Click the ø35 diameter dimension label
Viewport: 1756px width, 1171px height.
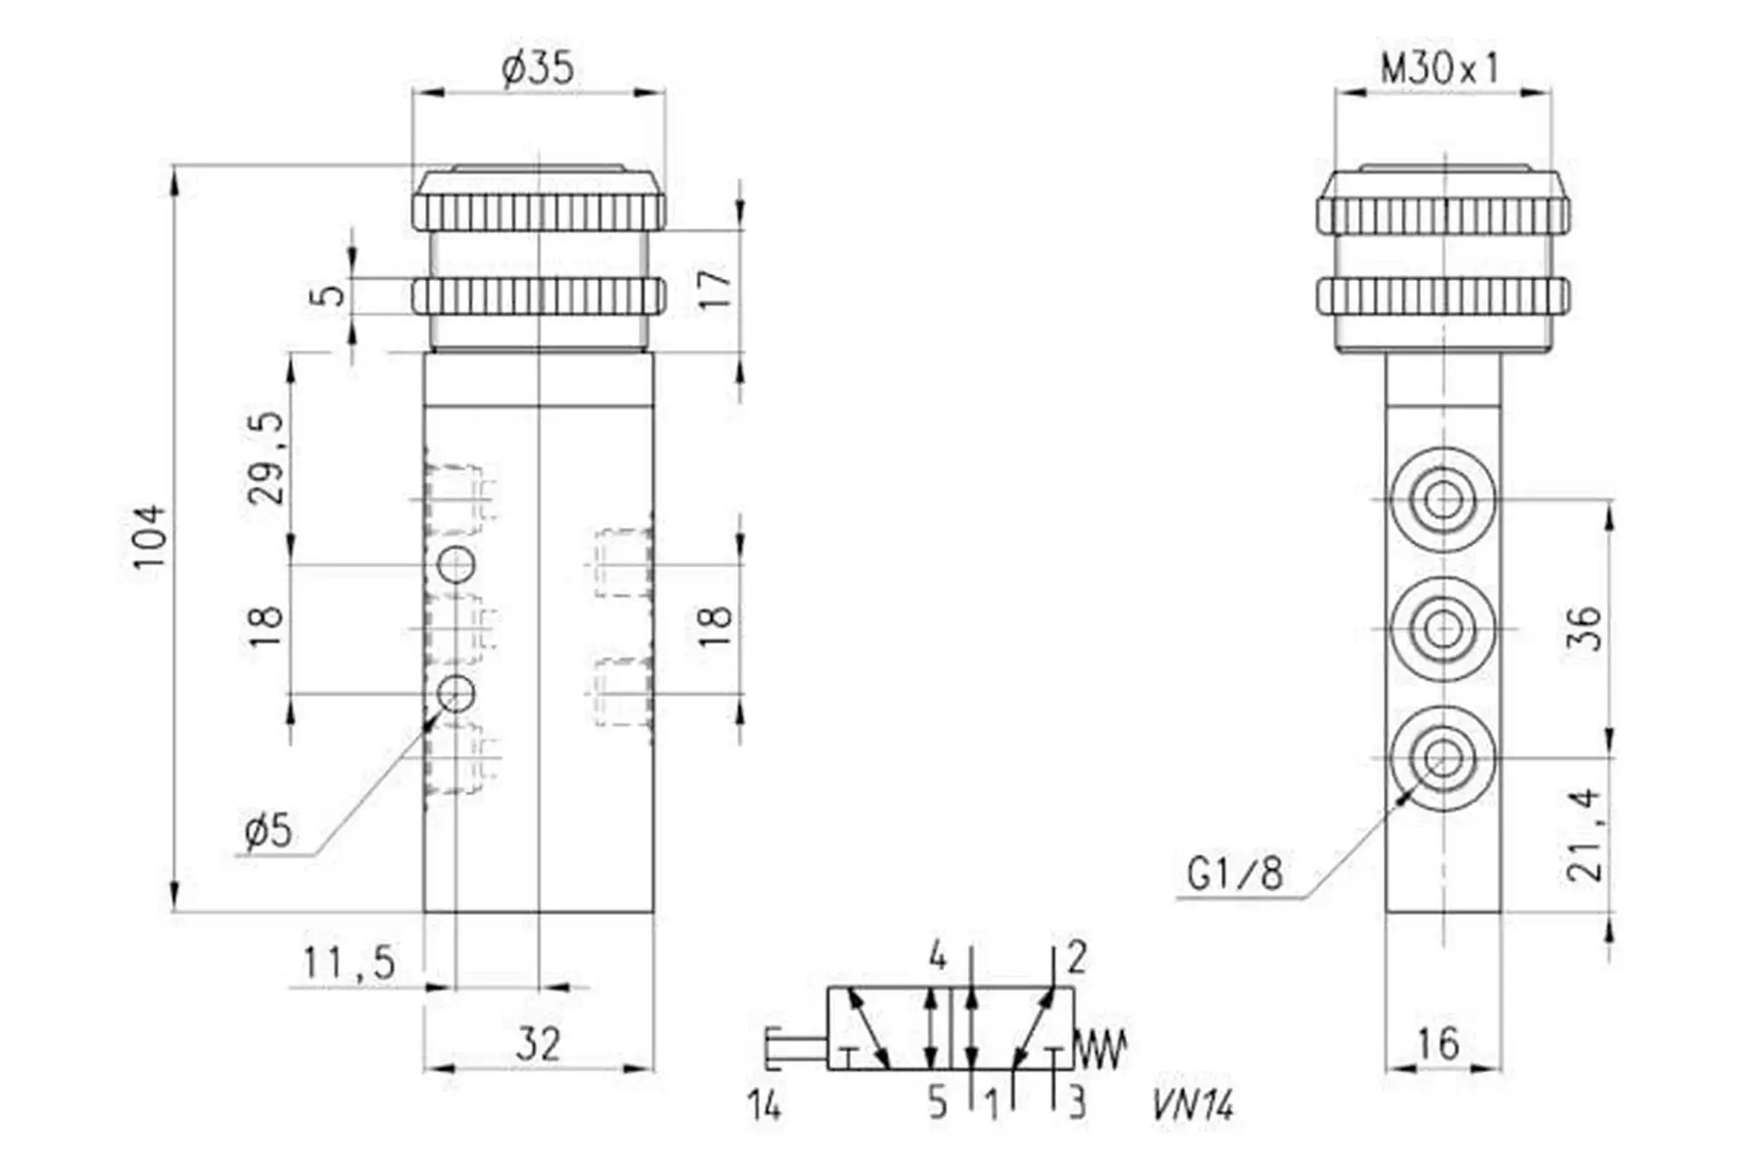pyautogui.click(x=538, y=69)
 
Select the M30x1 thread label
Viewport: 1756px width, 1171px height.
pyautogui.click(x=1440, y=68)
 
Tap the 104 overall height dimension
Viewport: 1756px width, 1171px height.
pyautogui.click(x=150, y=536)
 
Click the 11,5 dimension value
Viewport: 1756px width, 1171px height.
pyautogui.click(x=349, y=962)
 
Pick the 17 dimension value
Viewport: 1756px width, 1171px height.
pyautogui.click(x=716, y=288)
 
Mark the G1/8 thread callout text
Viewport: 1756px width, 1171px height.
pyautogui.click(x=1235, y=874)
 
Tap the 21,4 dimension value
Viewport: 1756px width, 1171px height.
pyautogui.click(x=1585, y=834)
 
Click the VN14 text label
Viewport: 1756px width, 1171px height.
pyautogui.click(x=1194, y=1106)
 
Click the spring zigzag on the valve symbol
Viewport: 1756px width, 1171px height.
pyautogui.click(x=1099, y=1050)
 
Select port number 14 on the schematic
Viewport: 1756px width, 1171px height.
pyautogui.click(x=765, y=1106)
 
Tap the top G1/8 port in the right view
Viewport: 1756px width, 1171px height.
pyautogui.click(x=1443, y=500)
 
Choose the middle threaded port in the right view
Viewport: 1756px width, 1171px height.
pyautogui.click(x=1443, y=628)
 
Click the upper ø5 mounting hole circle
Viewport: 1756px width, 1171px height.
pyautogui.click(x=456, y=564)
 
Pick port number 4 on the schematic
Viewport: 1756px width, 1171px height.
pyautogui.click(x=937, y=957)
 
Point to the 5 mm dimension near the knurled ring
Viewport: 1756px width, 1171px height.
pyautogui.click(x=330, y=295)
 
